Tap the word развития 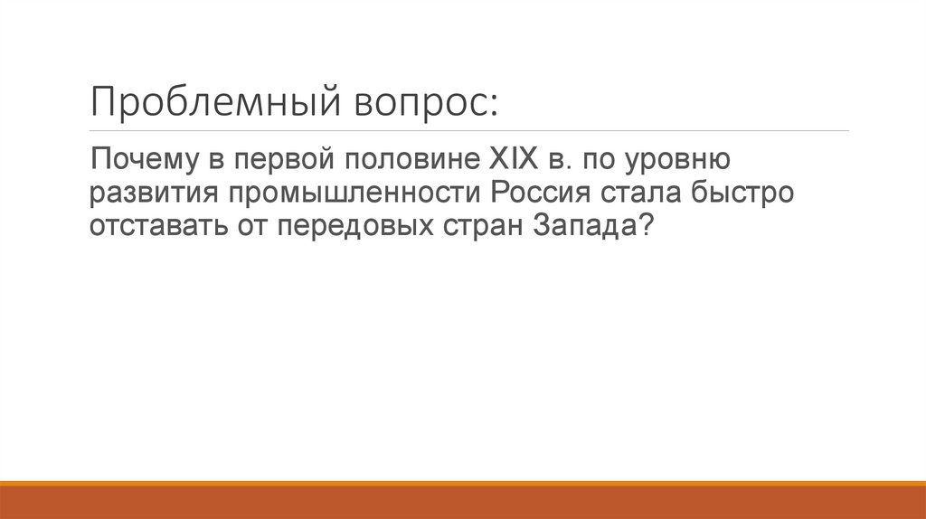(x=153, y=194)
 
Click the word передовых (x=353, y=226)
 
